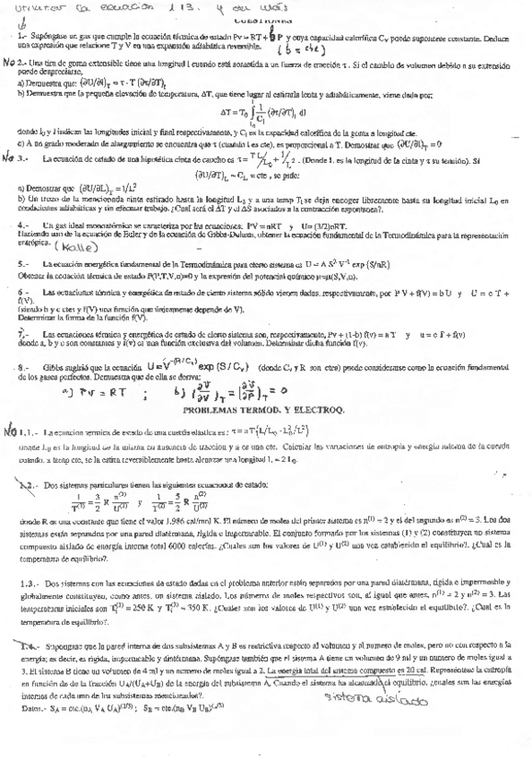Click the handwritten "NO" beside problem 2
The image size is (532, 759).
click(x=11, y=64)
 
